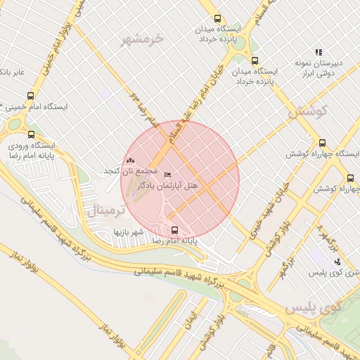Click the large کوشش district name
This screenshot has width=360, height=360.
point(309,111)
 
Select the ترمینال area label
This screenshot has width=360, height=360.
point(103,210)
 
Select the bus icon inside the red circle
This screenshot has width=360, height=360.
point(174,229)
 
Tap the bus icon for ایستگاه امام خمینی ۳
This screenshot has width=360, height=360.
point(30,96)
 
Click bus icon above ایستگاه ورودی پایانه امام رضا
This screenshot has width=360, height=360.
point(30,134)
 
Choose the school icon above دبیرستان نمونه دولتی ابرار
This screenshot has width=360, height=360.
point(319,52)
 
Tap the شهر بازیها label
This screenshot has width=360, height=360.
point(131,231)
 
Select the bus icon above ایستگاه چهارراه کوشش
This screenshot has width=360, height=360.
point(322,142)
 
